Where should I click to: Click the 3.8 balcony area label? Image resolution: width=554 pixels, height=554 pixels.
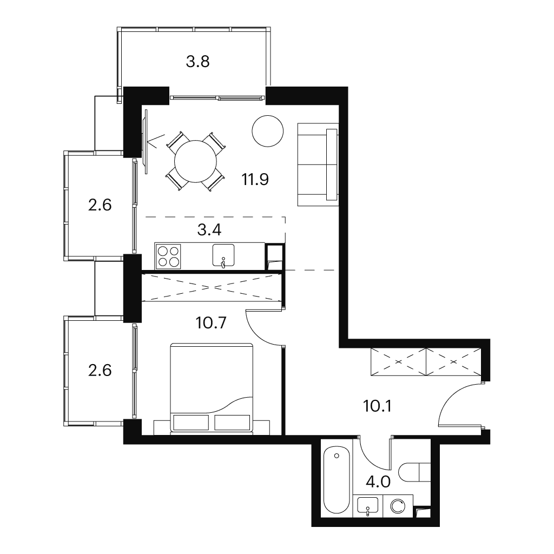(198, 62)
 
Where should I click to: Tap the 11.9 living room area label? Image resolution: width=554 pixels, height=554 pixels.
(255, 180)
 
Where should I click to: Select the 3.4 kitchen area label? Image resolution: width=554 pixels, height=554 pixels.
(209, 230)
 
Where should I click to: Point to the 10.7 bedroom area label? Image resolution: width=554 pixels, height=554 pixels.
(211, 323)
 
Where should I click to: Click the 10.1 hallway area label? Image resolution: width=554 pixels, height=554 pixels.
(377, 406)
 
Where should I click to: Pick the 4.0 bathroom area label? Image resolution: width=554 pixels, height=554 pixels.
(378, 482)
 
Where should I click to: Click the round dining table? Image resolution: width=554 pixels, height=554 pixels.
(195, 161)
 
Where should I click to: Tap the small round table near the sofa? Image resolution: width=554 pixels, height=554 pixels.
(268, 131)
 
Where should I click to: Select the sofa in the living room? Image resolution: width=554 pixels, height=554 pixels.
(318, 164)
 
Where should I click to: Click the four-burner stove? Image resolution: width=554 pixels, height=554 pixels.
(168, 256)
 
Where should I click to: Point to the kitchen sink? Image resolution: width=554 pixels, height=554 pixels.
(223, 255)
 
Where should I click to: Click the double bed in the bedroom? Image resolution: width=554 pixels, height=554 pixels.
(212, 387)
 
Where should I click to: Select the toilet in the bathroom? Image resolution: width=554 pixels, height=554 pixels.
(414, 472)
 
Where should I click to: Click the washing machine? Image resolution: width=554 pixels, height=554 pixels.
(398, 506)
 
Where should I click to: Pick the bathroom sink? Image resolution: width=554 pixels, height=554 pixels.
(367, 506)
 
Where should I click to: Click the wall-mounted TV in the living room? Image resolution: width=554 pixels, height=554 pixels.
(144, 141)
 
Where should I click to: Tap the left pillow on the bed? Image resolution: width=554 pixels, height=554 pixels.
(191, 423)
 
